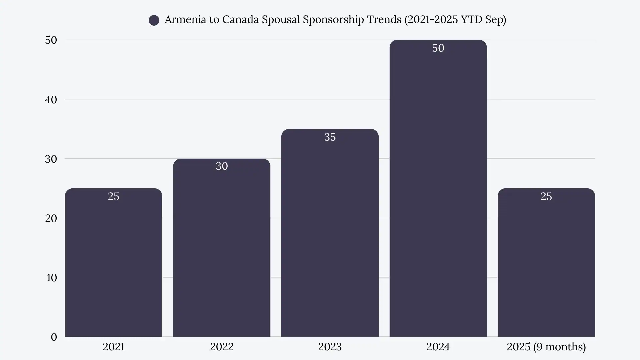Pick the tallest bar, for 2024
[438, 200]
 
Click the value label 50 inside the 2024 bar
[438, 48]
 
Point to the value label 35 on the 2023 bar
[330, 137]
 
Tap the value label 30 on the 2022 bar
[222, 166]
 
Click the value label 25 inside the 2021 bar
[113, 196]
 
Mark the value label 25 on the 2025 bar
[546, 196]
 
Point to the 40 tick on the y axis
[51, 100]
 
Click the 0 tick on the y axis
[54, 337]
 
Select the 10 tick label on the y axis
[52, 278]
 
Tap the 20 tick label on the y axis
[51, 218]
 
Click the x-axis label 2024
[438, 347]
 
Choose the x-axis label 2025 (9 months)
[546, 347]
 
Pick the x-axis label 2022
[222, 347]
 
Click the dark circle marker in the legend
[154, 20]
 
